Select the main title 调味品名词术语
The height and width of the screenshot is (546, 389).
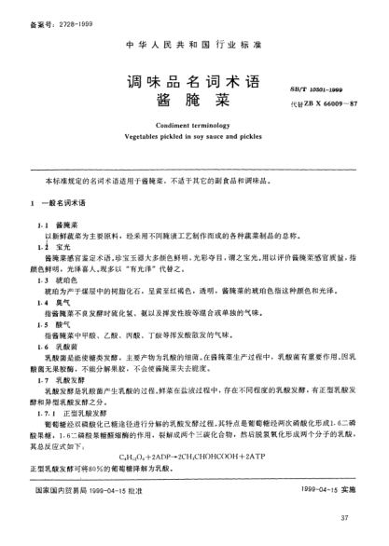pyautogui.click(x=178, y=84)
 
